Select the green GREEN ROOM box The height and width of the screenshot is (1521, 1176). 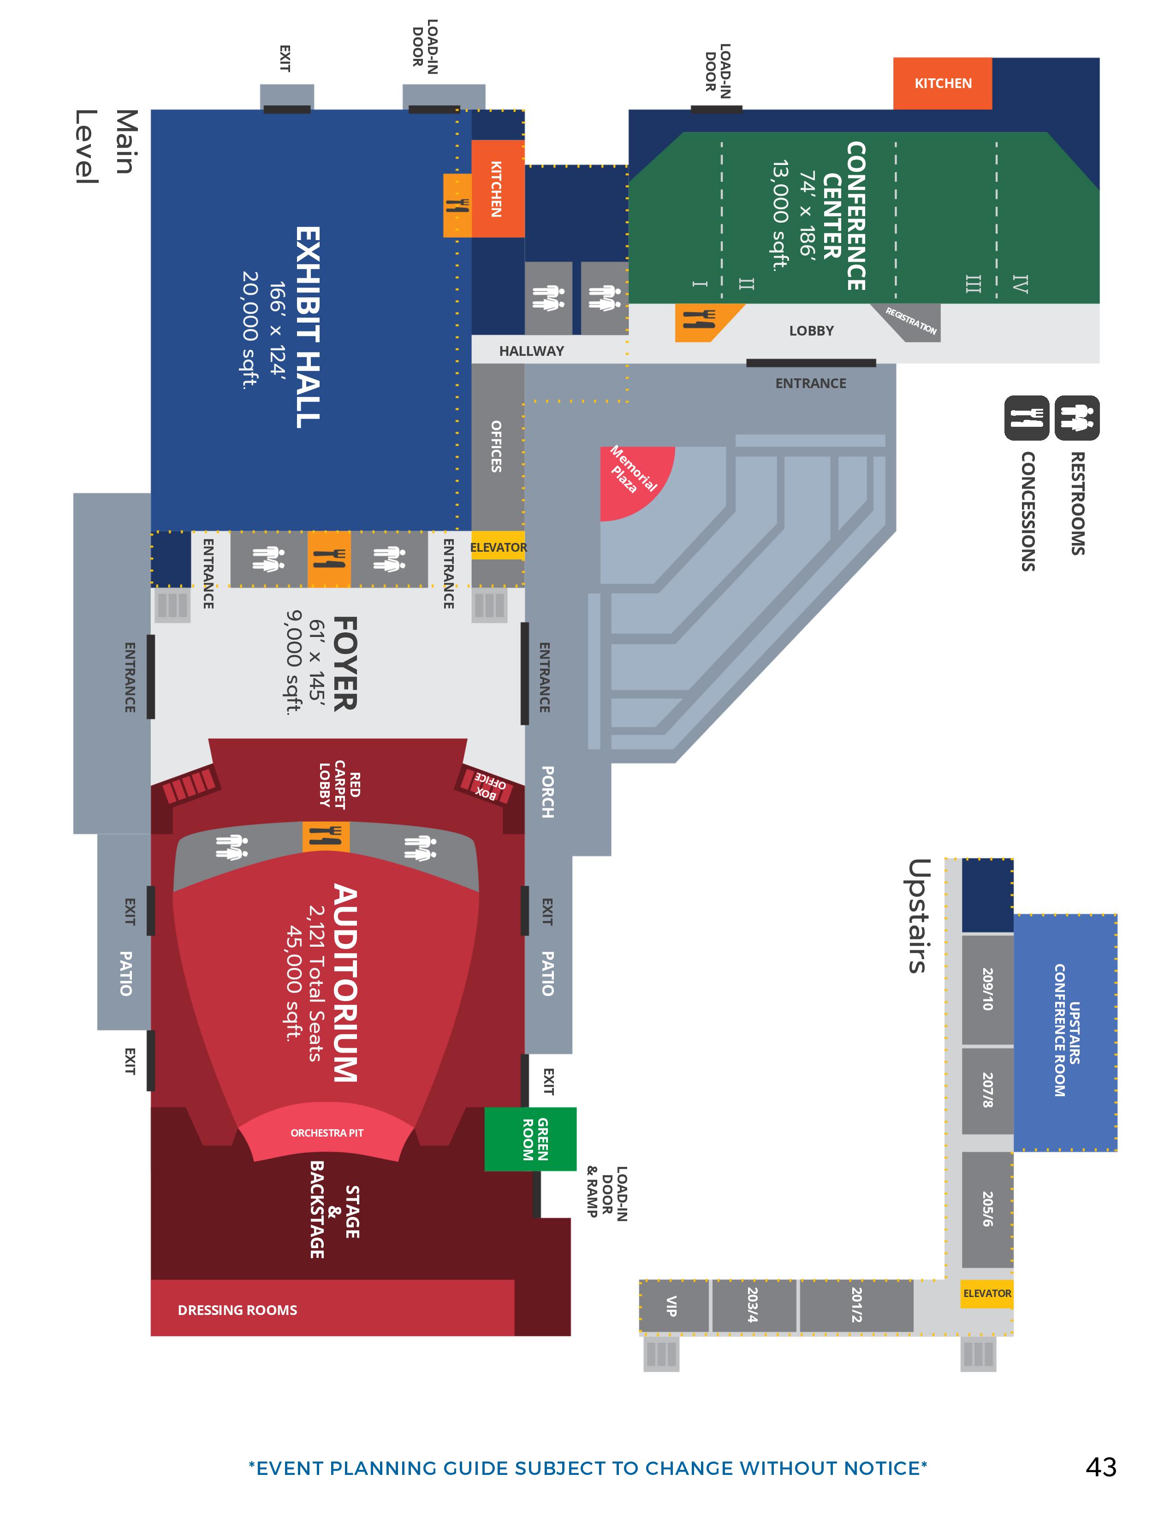[531, 1138]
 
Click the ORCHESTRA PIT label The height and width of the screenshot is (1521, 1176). [327, 1133]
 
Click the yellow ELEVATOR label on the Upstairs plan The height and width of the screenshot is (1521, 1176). [986, 1293]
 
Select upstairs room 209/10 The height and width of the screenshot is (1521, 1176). [987, 989]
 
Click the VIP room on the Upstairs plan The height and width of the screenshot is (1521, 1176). [671, 1306]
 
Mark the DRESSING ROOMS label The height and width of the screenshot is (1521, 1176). [238, 1310]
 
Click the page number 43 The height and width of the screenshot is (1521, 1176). [1101, 1468]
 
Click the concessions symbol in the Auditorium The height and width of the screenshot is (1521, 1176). [326, 836]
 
